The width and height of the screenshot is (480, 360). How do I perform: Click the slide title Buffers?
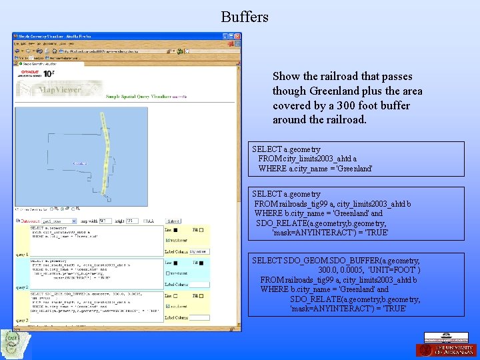coord(245,17)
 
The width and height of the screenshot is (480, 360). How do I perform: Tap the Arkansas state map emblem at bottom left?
coord(15,344)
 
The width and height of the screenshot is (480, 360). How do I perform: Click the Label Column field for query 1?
coord(199,252)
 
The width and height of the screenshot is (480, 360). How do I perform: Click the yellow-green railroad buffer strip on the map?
coord(105,160)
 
